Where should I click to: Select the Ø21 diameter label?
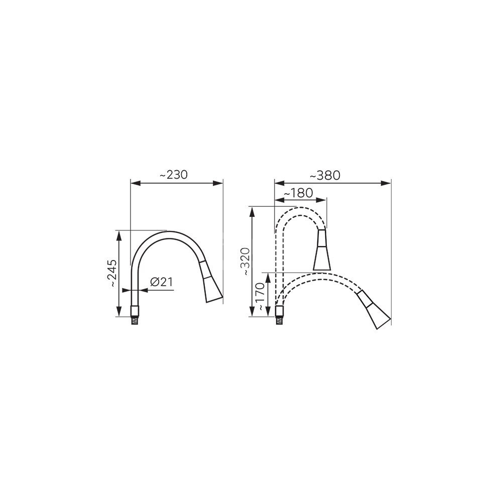tap(161, 282)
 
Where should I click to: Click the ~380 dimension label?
tap(325, 175)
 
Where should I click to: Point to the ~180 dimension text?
tap(298, 193)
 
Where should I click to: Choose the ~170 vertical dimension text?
tap(261, 297)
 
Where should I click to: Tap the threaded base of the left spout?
tap(135, 316)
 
